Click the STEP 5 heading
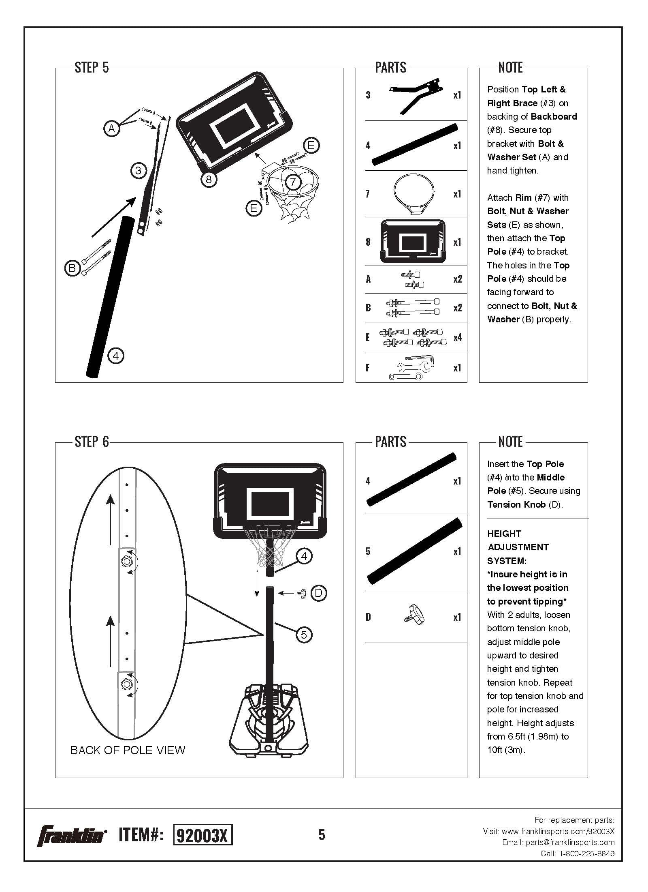(92, 67)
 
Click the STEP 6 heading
(92, 442)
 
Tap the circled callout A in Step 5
(111, 129)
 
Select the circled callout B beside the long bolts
(72, 268)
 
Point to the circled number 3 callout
(139, 170)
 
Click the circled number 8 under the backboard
(209, 179)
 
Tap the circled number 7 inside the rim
(292, 182)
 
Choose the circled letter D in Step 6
(318, 593)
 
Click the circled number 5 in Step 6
(304, 634)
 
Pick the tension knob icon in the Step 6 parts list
(414, 617)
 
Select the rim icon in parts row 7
(414, 194)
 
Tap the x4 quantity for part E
(458, 337)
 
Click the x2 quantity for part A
(458, 279)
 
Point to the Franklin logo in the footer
(72, 835)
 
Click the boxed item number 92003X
(202, 835)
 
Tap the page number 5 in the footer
(322, 835)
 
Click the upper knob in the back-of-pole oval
(126, 561)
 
